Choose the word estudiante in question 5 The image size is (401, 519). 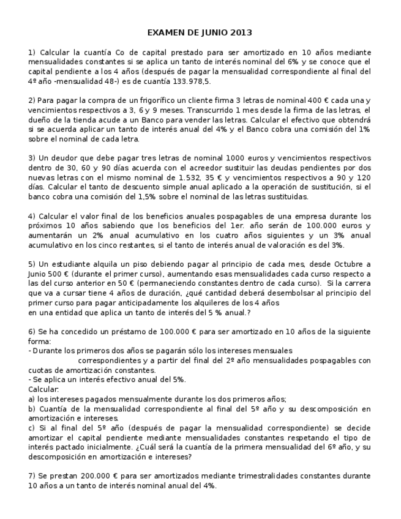click(x=72, y=264)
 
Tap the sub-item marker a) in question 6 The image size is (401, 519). click(x=32, y=398)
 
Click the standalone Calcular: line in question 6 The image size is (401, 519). click(x=43, y=389)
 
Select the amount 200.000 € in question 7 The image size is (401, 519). click(x=98, y=476)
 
